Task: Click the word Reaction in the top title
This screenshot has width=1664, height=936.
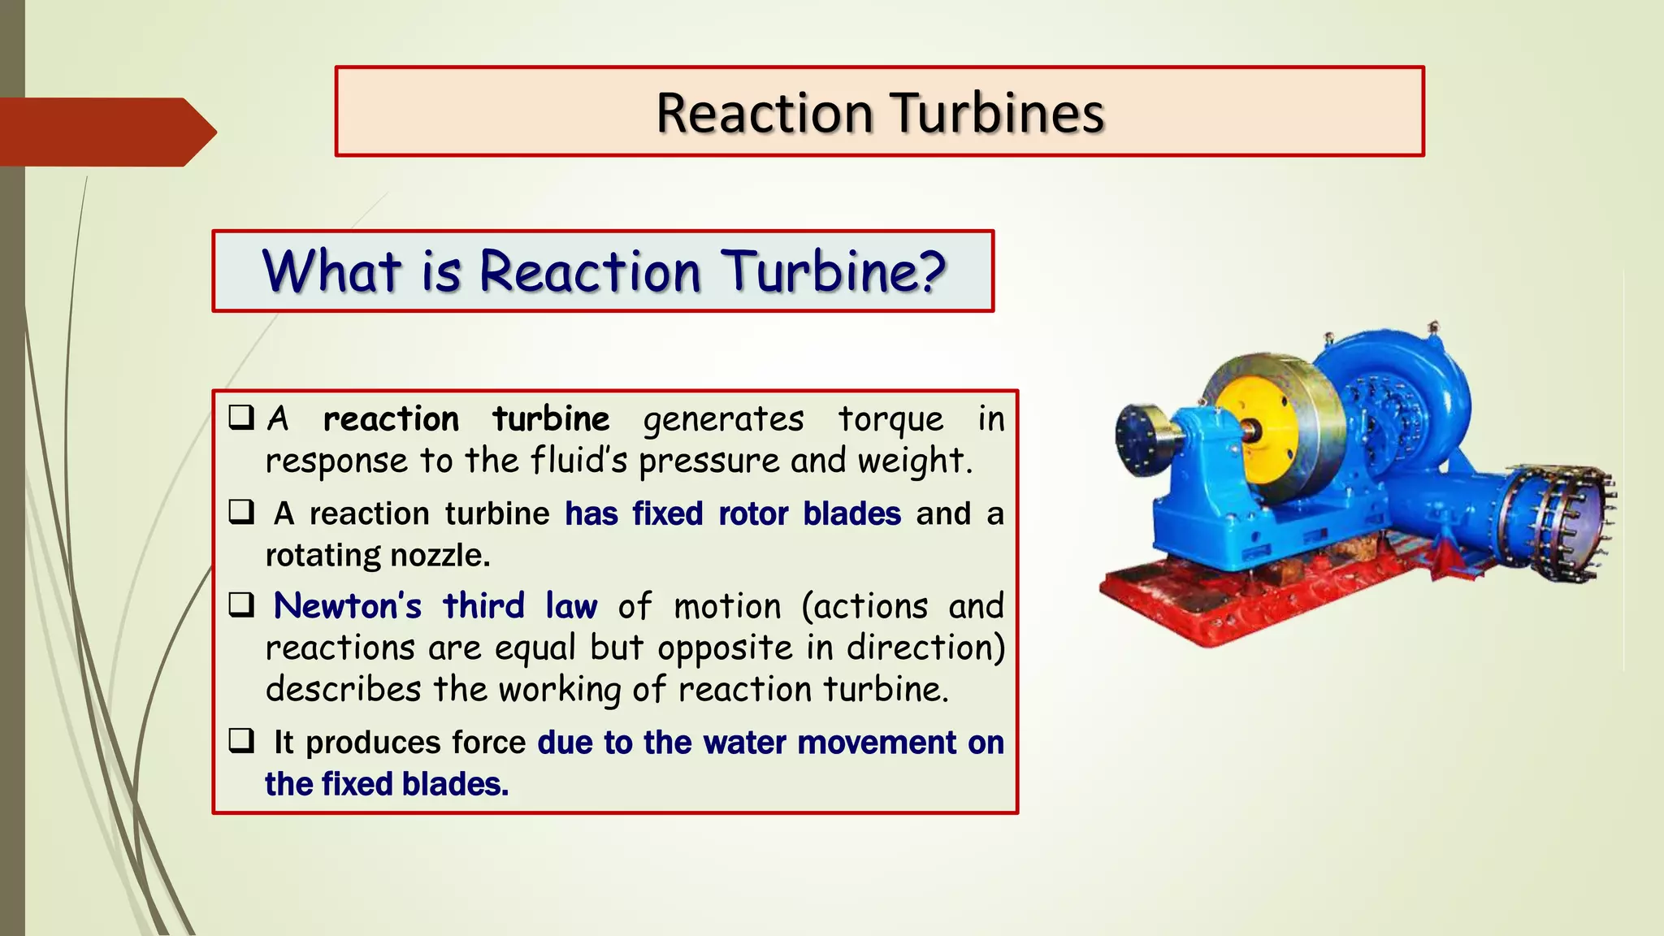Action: tap(764, 113)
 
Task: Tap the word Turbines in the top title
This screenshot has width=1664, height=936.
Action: tap(997, 113)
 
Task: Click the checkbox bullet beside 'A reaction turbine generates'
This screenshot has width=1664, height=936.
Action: tap(241, 418)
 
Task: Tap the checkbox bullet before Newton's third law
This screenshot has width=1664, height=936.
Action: tap(241, 605)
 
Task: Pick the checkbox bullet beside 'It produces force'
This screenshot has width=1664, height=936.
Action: tap(241, 741)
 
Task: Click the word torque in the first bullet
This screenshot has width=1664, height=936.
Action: tap(890, 420)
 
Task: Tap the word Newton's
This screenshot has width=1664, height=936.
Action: tap(348, 606)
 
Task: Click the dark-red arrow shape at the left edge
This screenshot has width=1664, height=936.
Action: tap(106, 132)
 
